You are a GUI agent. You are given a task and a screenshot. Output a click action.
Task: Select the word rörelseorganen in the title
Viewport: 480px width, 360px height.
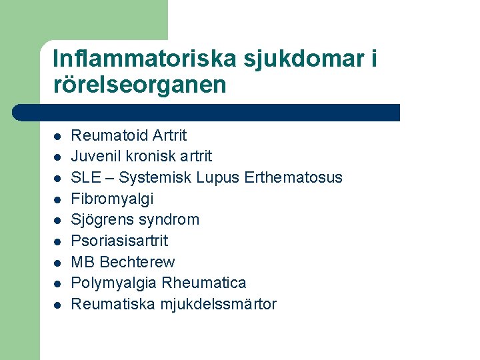click(x=139, y=85)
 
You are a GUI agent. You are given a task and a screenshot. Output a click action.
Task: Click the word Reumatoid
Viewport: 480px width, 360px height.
click(x=109, y=135)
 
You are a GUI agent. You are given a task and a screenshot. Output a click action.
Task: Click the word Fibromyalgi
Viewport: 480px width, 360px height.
click(x=112, y=199)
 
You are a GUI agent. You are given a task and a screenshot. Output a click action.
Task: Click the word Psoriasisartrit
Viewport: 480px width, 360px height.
click(x=119, y=241)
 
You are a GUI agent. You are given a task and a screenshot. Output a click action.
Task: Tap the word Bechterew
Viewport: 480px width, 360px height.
click(x=137, y=262)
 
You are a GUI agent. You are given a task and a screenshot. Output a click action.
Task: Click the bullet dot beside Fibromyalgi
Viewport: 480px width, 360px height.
click(x=58, y=199)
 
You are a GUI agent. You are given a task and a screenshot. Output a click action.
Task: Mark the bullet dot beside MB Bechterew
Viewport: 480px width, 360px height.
click(x=58, y=263)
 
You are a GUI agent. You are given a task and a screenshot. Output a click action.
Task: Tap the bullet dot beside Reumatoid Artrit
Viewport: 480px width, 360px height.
click(x=58, y=136)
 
